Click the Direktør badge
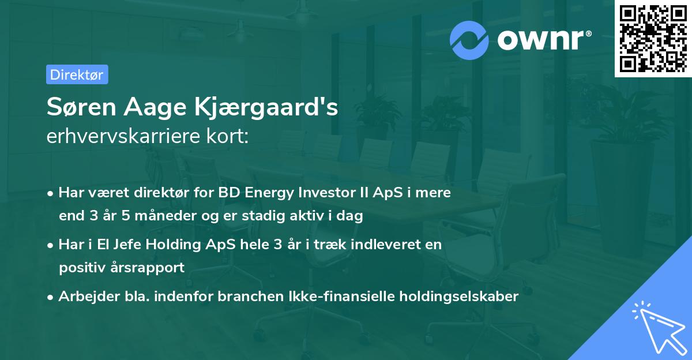click(76, 74)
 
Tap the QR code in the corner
click(653, 38)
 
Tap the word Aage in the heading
click(164, 108)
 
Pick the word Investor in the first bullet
click(333, 193)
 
